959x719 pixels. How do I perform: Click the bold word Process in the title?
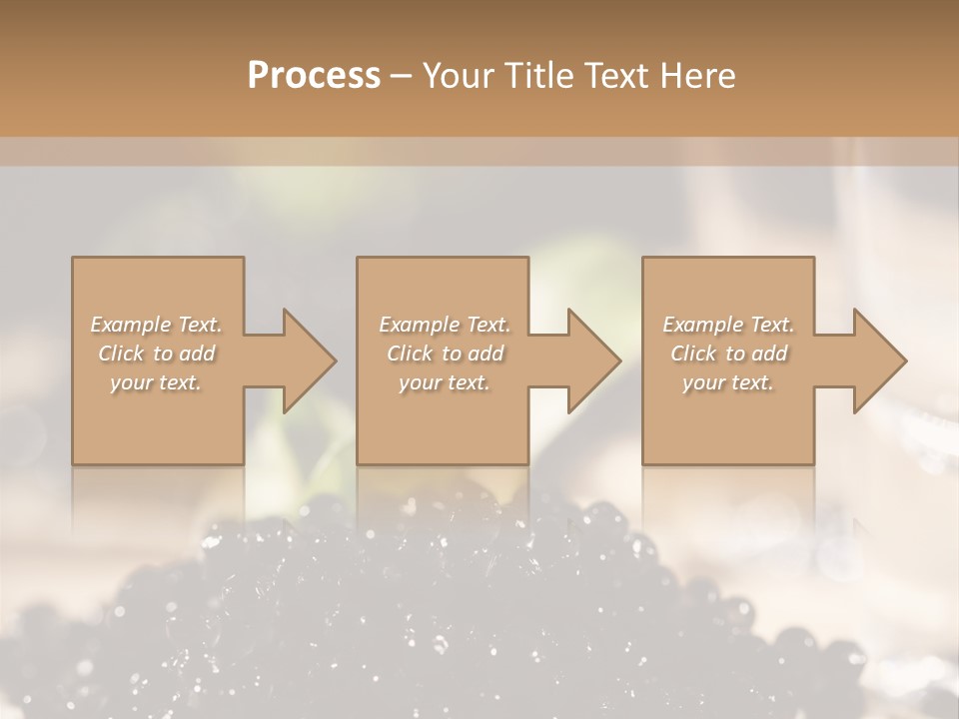[314, 76]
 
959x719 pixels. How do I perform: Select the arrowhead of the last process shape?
[880, 360]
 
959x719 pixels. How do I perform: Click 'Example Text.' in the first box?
[157, 325]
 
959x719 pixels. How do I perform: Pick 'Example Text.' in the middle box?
[445, 325]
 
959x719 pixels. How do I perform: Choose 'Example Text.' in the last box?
[728, 325]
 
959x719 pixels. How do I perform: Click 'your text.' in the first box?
[156, 382]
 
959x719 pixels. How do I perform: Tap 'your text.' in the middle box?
[445, 382]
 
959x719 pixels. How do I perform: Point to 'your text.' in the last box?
[728, 382]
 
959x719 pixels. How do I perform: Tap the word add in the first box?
[196, 354]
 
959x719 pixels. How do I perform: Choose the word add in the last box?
[769, 354]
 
